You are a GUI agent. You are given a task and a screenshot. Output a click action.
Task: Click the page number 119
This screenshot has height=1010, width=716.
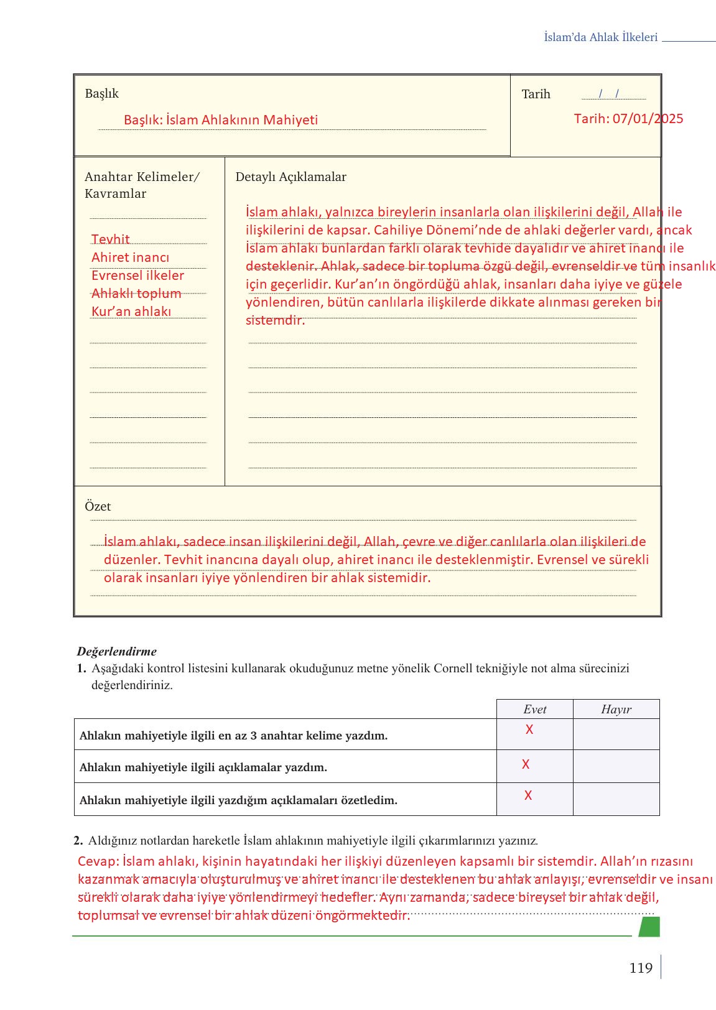point(640,968)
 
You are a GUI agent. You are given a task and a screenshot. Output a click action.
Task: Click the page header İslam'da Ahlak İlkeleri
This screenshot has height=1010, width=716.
point(600,37)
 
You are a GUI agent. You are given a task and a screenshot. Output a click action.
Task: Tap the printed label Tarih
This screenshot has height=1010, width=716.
point(536,94)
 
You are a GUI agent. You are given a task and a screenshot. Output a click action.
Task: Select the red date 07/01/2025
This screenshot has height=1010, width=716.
point(648,119)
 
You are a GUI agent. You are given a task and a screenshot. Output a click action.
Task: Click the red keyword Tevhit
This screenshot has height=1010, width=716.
point(110,239)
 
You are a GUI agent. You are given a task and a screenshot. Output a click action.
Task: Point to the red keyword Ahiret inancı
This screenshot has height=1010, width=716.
point(130,257)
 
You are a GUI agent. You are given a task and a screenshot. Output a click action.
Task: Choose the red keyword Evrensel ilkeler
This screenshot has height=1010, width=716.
point(137,276)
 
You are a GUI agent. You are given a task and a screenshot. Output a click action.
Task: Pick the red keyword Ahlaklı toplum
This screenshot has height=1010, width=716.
point(136,294)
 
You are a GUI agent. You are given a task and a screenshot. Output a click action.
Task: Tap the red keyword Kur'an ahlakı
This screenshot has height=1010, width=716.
point(131,312)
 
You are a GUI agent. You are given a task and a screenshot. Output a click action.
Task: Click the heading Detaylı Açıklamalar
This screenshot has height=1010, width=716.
point(291,177)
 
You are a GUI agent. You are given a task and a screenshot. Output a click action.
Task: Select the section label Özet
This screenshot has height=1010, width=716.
point(98,506)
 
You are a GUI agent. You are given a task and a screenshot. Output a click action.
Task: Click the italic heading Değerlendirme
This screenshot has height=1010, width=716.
point(116,651)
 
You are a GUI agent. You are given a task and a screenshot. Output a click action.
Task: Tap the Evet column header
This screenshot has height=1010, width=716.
point(534,709)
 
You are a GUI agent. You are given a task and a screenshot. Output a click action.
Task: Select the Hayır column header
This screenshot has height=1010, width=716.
point(616,709)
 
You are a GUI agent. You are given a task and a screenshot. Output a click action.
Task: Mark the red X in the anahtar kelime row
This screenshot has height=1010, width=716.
point(529,730)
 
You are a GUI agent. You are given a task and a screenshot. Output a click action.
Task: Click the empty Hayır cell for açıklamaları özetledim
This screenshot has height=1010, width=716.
point(616,799)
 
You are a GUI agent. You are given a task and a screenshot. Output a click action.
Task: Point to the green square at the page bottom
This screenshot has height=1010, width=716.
point(649,927)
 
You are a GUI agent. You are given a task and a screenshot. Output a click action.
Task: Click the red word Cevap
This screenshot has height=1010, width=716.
point(98,861)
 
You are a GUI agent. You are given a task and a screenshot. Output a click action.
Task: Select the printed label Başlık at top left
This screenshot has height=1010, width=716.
point(101,93)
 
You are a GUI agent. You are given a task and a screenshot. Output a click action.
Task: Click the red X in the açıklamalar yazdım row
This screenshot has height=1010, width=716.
point(526,764)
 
